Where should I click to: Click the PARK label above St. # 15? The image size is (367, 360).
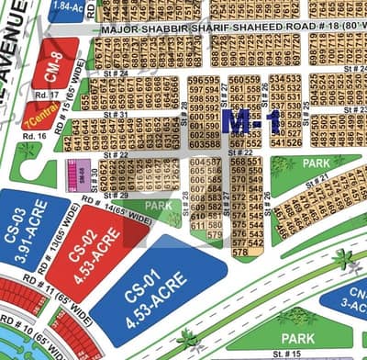point(298,339)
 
